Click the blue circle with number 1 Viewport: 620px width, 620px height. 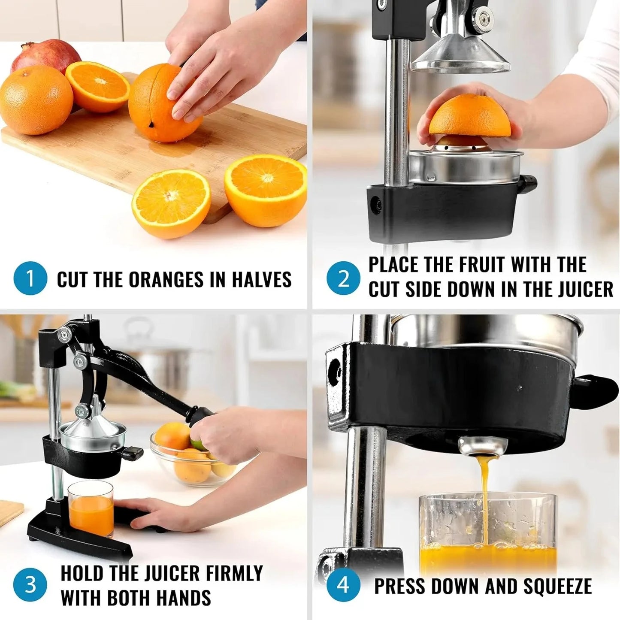tap(30, 279)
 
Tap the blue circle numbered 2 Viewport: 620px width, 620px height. tap(344, 279)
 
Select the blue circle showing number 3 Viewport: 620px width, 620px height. tap(30, 585)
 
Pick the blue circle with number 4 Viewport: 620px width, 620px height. tap(344, 585)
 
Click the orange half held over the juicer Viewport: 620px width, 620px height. tap(470, 116)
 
